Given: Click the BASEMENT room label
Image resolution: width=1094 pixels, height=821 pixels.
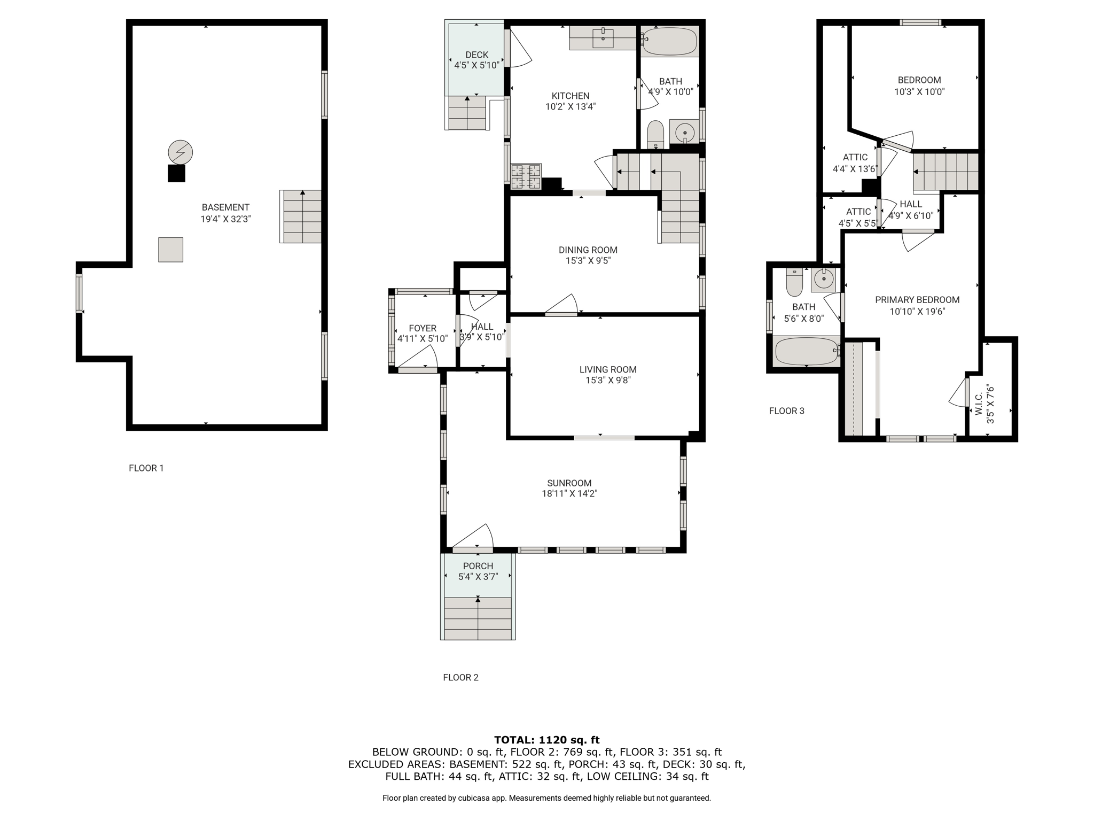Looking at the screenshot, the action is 225,207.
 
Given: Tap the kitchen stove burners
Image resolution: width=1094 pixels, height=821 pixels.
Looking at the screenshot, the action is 526,176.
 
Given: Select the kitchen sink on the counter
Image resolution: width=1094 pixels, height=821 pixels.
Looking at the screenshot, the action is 603,38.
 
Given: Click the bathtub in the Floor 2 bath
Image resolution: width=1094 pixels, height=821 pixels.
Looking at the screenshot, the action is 670,42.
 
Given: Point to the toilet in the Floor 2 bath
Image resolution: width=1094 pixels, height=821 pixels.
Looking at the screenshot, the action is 655,134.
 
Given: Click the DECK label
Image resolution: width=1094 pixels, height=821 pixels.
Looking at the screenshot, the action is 476,55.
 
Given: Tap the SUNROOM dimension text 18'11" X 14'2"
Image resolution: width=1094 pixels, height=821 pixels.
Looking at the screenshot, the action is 569,494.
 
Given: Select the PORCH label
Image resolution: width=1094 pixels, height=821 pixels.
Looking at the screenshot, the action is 478,566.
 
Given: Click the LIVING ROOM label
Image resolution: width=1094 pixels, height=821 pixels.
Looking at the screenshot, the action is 608,369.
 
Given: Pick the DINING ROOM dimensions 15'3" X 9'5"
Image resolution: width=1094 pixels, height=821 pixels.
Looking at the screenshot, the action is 588,261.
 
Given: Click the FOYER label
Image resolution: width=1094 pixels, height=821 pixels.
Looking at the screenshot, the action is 423,328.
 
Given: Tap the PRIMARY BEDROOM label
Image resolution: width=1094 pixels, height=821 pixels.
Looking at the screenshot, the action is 917,300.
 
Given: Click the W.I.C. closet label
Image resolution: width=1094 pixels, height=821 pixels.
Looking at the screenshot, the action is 979,404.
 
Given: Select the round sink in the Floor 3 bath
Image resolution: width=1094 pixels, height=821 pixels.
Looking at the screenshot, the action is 824,280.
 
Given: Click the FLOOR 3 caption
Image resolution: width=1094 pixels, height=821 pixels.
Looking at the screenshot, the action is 786,411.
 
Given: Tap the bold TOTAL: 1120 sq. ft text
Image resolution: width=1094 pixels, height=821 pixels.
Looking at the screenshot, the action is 547,740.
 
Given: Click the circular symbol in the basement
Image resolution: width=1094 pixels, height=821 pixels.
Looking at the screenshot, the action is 180,153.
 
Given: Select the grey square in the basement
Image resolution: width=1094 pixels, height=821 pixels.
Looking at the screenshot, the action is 171,250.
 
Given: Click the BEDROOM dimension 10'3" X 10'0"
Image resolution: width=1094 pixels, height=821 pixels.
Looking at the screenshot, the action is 919,92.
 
